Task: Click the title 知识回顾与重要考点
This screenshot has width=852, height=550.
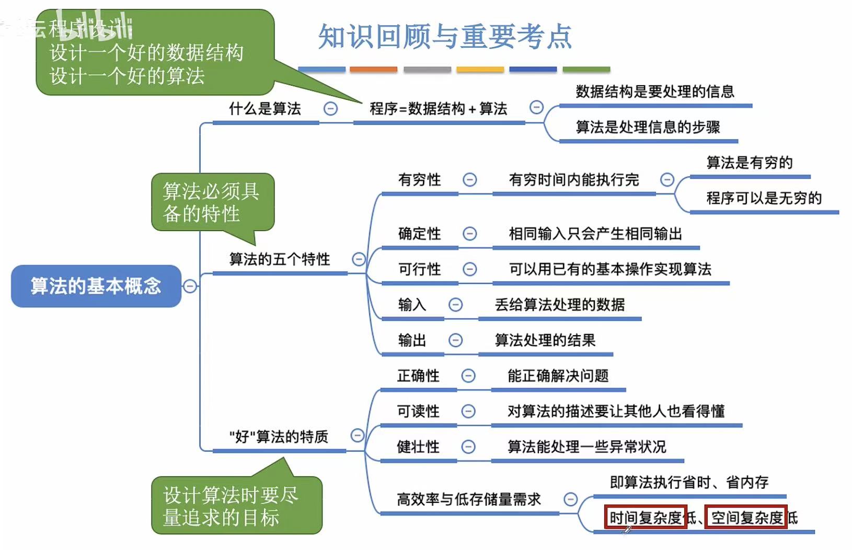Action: click(445, 37)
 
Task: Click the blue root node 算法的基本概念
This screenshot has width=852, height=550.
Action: click(96, 286)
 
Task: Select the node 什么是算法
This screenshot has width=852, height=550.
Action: click(265, 109)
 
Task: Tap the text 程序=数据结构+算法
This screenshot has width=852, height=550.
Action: click(438, 109)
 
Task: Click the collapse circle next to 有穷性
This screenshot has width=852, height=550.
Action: click(470, 180)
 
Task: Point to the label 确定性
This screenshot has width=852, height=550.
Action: click(419, 234)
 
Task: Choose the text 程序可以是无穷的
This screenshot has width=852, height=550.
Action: click(764, 198)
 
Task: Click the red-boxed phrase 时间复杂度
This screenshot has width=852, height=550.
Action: click(646, 518)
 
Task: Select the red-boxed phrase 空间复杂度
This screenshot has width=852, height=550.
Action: click(746, 518)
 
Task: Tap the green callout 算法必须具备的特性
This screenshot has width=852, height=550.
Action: click(212, 202)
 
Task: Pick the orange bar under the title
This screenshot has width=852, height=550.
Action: click(373, 69)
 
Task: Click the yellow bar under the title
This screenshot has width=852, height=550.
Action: click(480, 69)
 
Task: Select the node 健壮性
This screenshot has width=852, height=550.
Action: click(418, 447)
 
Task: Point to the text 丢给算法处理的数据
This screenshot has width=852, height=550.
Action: click(559, 305)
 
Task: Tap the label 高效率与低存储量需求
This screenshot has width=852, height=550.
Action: click(468, 499)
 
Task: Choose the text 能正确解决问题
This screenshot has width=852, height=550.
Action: click(558, 376)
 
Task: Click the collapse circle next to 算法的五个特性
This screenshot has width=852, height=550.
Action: click(359, 259)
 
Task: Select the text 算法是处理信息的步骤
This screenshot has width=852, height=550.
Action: click(648, 127)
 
